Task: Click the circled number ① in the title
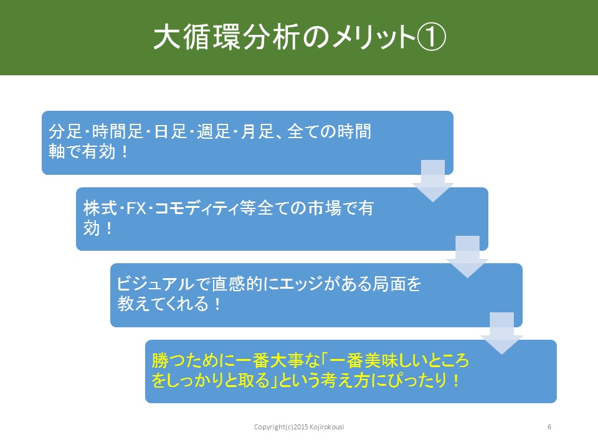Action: point(431,37)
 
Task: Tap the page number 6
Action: point(549,427)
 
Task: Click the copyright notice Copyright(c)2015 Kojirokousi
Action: point(299,427)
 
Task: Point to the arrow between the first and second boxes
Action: point(433,180)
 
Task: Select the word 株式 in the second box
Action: point(100,208)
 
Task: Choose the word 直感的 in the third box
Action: point(237,284)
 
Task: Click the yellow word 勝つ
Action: point(168,360)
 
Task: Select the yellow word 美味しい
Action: point(397,360)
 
